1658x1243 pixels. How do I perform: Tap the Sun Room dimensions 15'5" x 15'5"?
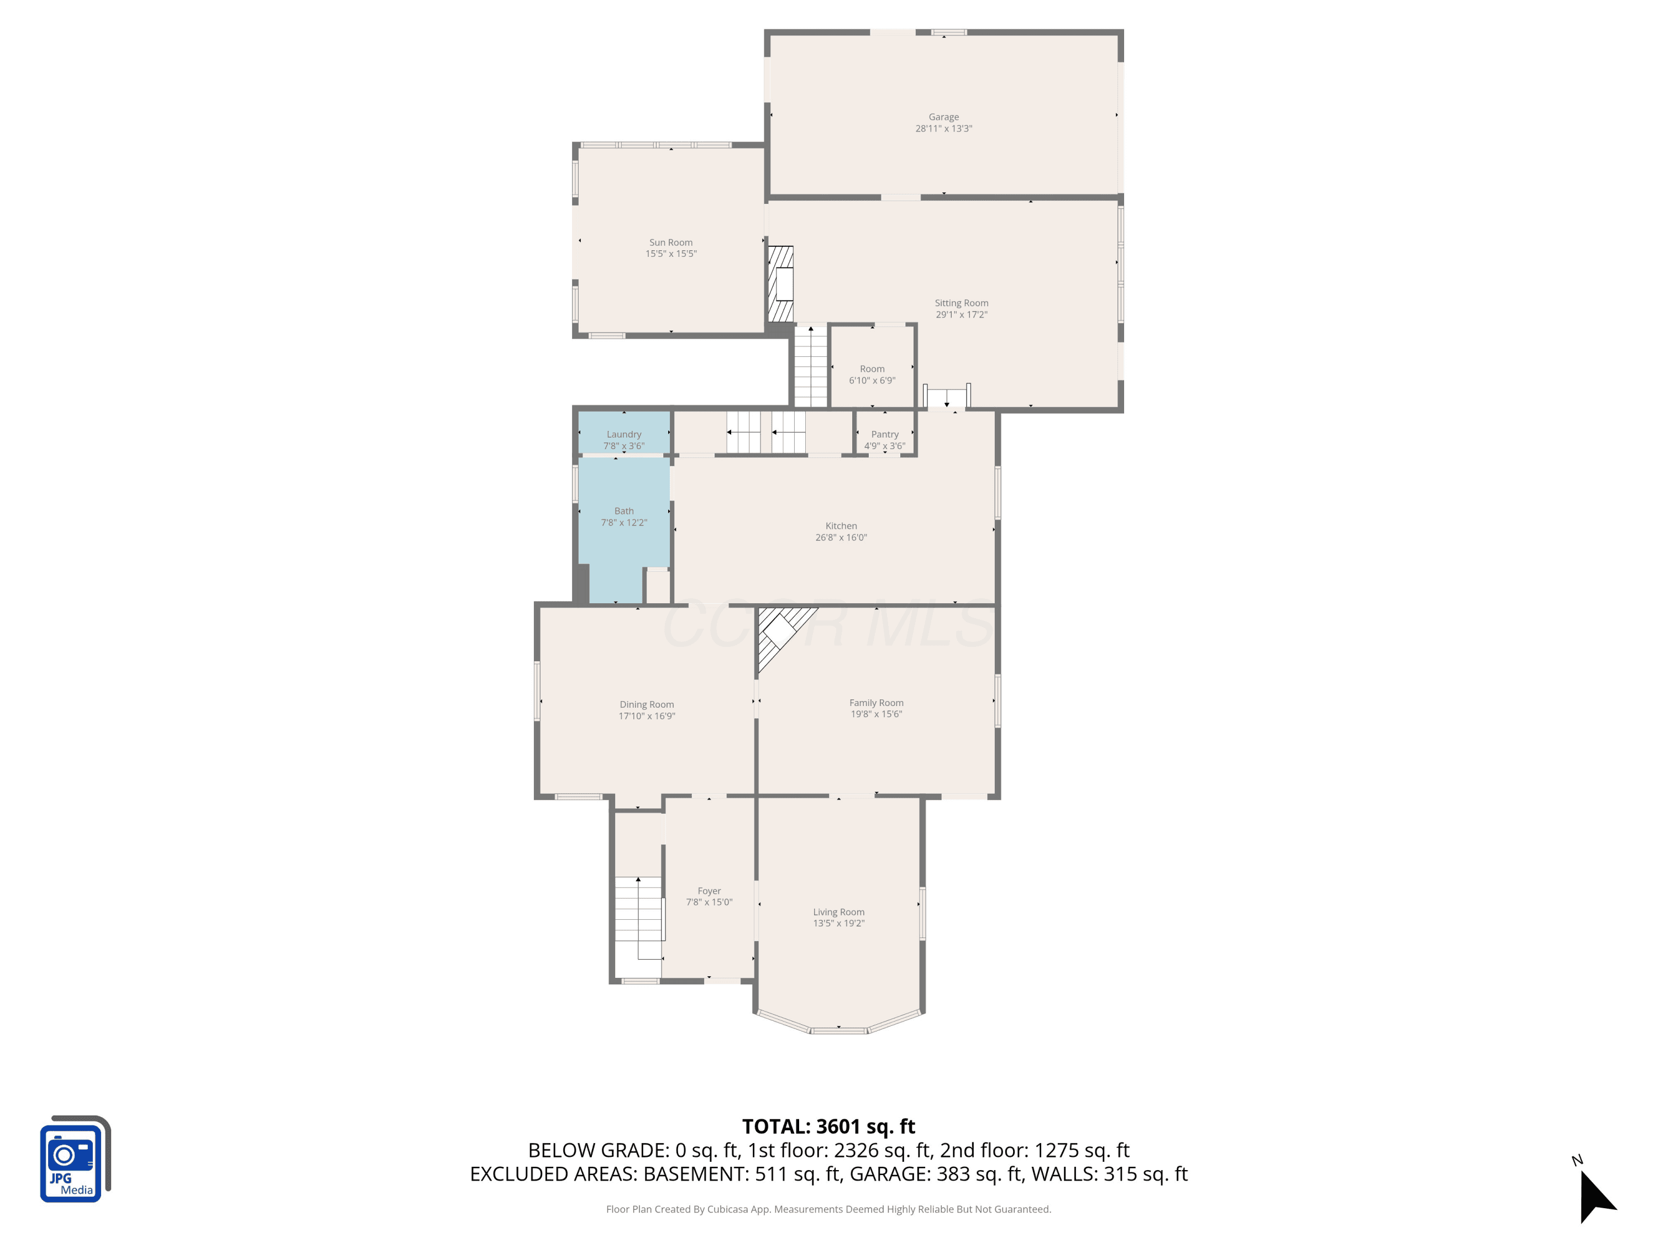point(671,254)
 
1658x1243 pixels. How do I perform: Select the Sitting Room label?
point(961,303)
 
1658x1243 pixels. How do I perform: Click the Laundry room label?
point(623,435)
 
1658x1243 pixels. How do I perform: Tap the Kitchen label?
point(841,526)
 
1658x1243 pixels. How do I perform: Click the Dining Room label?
point(646,704)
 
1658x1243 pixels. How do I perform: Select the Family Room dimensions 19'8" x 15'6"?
point(876,714)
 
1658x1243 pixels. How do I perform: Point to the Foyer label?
point(709,891)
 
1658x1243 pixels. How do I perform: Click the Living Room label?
point(839,912)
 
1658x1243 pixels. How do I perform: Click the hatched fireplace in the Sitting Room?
point(781,284)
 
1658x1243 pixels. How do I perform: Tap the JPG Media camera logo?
point(74,1159)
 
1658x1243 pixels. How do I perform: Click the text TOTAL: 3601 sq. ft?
point(828,1127)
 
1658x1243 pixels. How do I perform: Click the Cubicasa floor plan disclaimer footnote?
point(828,1209)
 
